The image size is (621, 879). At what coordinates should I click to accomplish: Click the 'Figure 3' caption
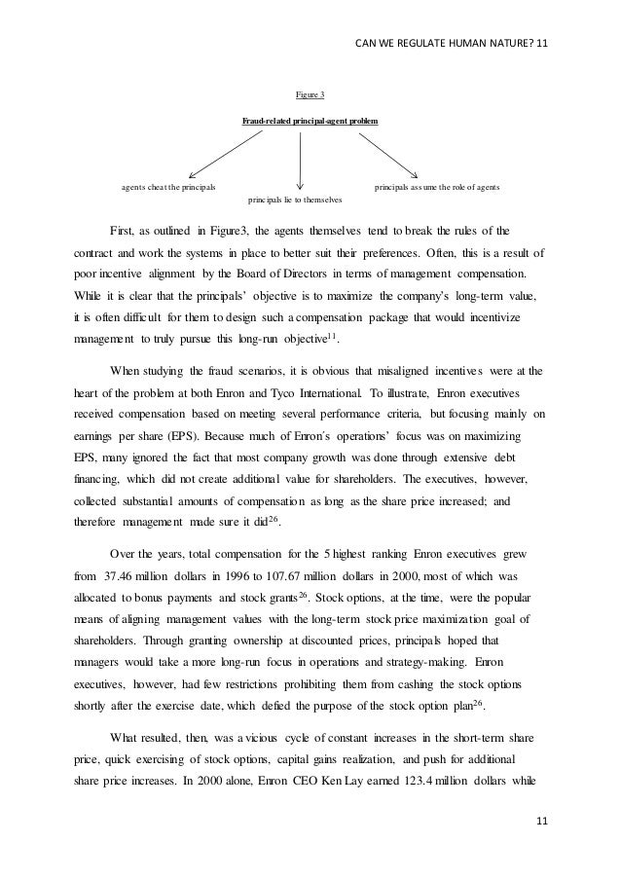[x=310, y=94]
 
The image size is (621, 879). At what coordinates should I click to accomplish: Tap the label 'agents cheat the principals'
[x=169, y=184]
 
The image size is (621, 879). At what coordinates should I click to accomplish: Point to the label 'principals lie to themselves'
[x=297, y=199]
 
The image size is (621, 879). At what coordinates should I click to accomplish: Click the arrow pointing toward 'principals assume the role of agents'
[x=387, y=154]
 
